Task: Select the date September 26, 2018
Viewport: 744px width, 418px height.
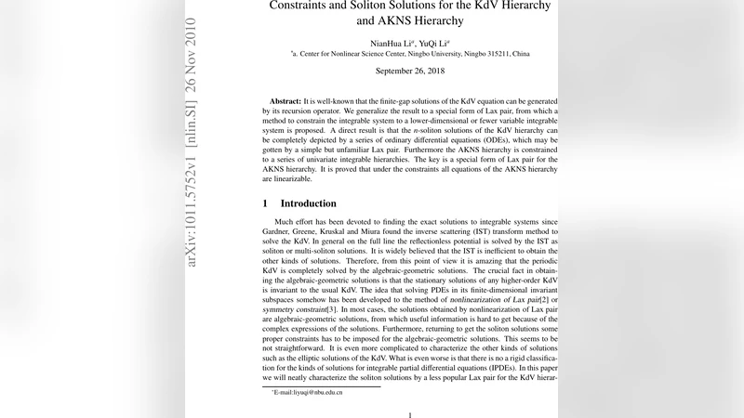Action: pos(410,71)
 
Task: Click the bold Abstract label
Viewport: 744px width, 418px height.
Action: pos(286,99)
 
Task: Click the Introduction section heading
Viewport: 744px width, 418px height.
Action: pos(309,203)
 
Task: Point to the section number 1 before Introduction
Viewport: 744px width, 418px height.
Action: pos(265,203)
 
